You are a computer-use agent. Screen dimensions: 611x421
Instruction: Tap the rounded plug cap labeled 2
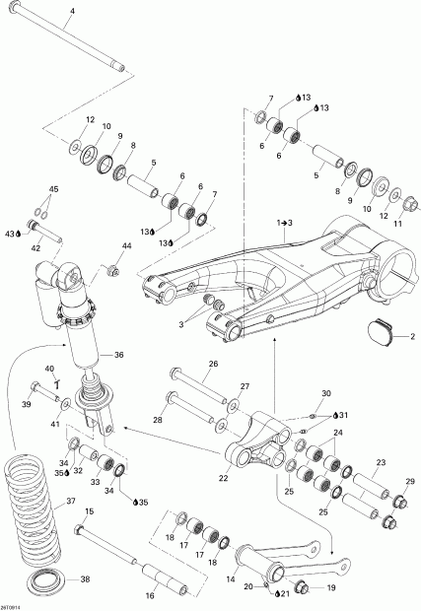coord(381,333)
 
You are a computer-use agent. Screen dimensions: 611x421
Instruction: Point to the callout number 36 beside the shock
coord(118,356)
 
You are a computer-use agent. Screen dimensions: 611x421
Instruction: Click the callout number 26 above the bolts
coord(212,363)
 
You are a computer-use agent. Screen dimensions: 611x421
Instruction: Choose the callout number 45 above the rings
coord(53,188)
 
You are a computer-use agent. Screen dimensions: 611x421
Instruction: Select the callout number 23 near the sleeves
coord(379,462)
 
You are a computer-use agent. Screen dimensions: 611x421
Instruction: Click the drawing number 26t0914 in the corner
coord(12,605)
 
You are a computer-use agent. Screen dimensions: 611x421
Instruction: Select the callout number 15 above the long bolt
coord(89,511)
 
